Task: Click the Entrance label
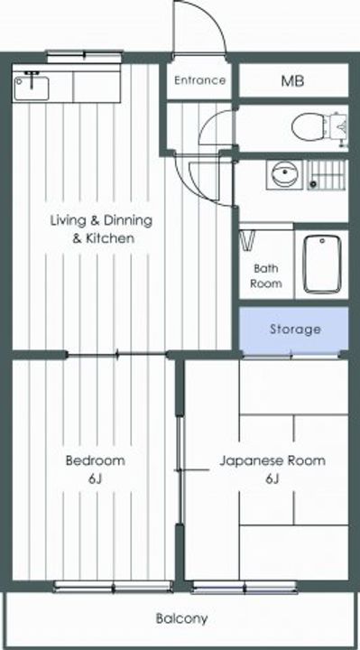200,80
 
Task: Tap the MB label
292,81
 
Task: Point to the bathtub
321,264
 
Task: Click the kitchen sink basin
32,88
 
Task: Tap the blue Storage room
294,330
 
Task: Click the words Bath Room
266,275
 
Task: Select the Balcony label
182,619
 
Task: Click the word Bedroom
96,460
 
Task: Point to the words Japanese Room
272,460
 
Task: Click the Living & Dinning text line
101,220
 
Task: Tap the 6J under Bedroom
95,478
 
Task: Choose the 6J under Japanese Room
272,478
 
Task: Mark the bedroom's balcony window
114,586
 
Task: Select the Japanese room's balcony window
245,587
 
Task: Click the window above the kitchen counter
85,55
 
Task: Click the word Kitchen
110,238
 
